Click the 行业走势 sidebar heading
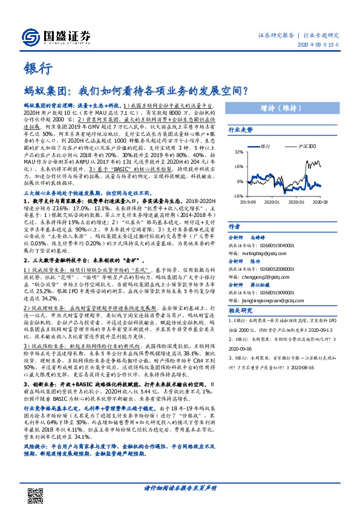[240, 130]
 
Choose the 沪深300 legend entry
[293, 146]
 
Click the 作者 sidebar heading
[234, 225]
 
